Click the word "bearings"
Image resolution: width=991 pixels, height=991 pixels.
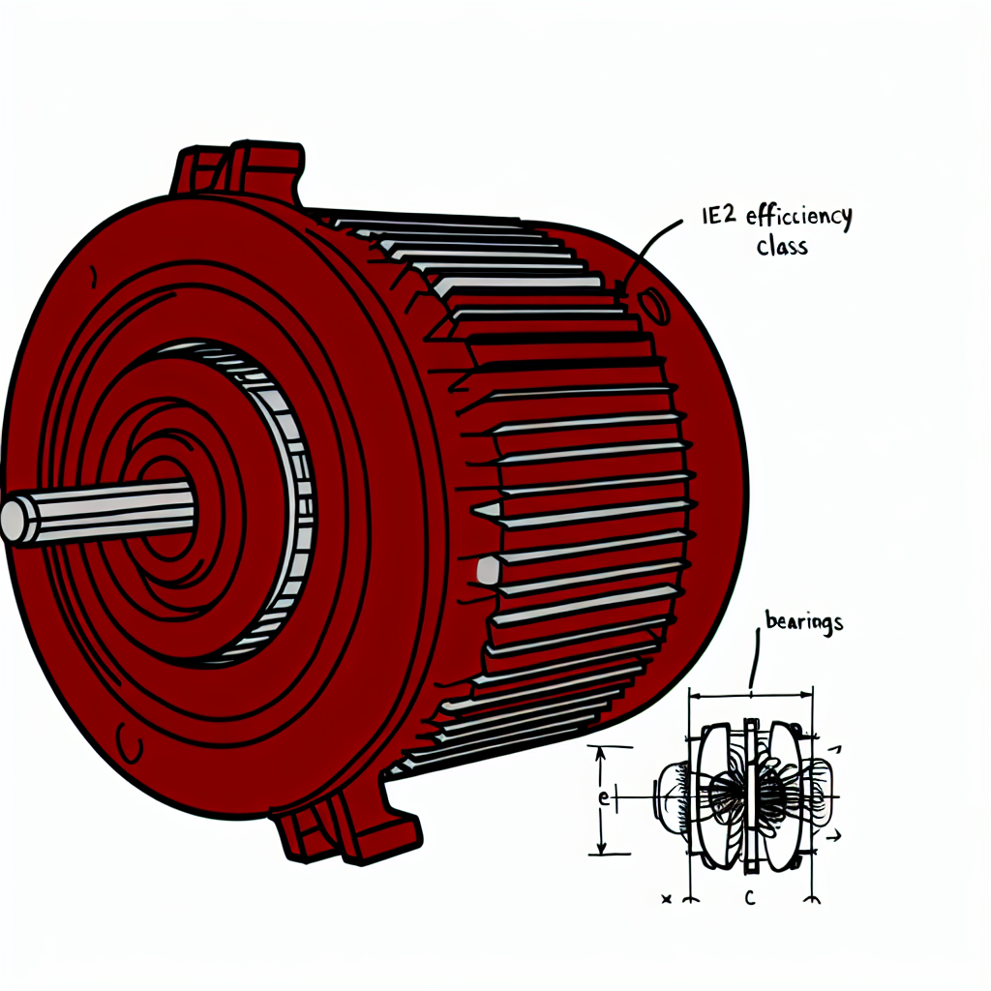pos(803,622)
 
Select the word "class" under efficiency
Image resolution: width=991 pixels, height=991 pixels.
pos(781,247)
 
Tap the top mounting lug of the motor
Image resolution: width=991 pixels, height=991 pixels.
pos(238,170)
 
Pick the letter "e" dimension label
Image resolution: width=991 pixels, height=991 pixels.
pos(603,798)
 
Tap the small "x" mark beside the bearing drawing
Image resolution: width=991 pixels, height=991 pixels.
pos(666,899)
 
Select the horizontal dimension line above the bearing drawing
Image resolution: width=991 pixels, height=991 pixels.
pos(750,694)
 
